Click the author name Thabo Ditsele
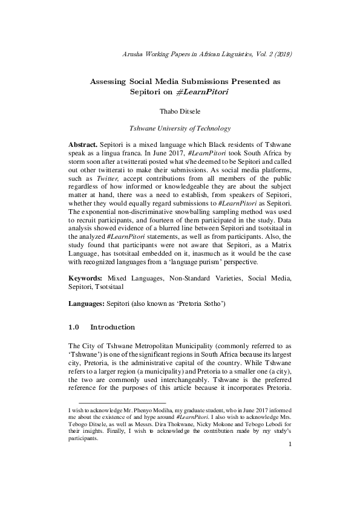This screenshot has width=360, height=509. (180, 112)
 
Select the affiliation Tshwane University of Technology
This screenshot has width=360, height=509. (180, 129)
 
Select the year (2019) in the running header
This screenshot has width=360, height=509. (282, 54)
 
